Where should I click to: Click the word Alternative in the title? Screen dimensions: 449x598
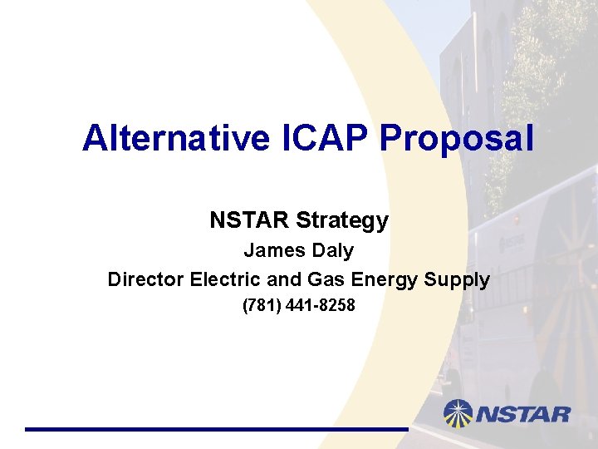click(x=176, y=138)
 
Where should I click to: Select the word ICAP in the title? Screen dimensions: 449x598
click(x=323, y=138)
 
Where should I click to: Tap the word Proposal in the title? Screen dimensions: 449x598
click(x=456, y=138)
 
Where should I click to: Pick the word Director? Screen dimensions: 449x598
click(x=145, y=279)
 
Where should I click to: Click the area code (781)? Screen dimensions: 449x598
click(x=262, y=306)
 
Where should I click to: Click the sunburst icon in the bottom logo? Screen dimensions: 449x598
click(x=458, y=413)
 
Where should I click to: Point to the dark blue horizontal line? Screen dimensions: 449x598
click(x=216, y=429)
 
